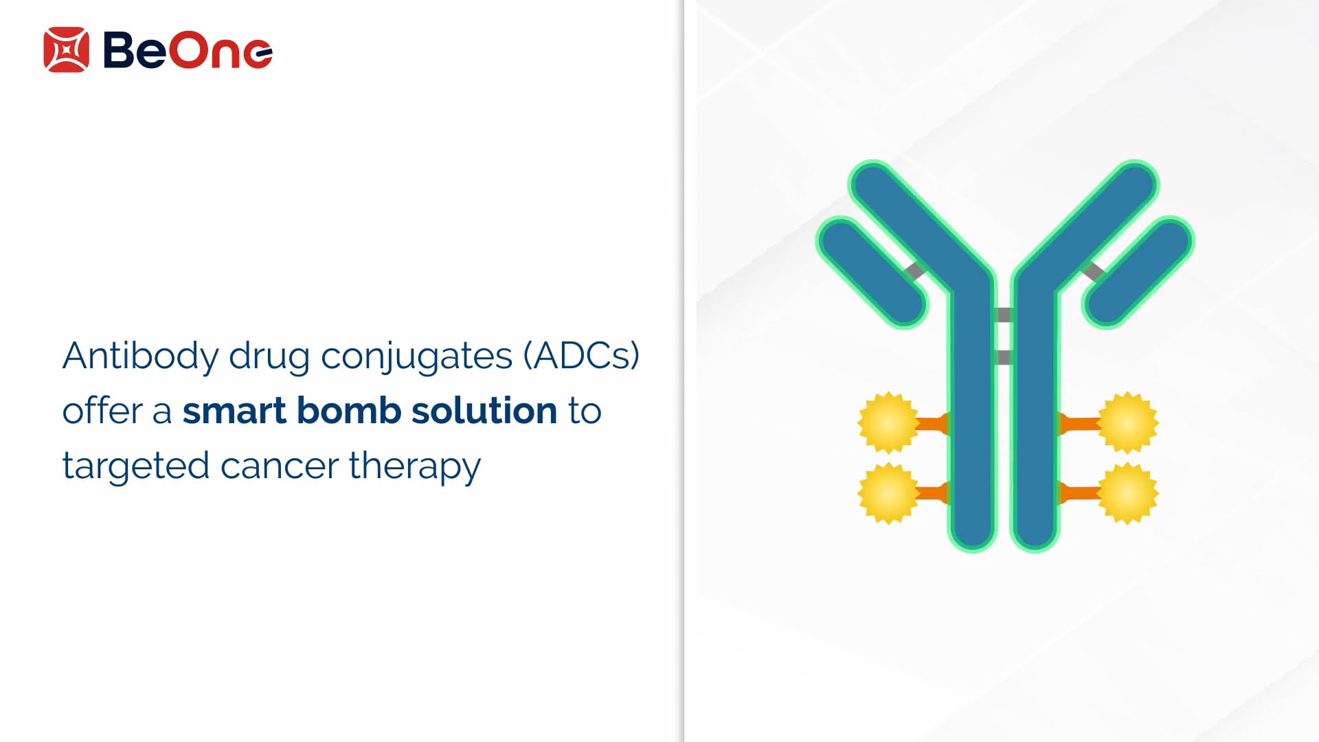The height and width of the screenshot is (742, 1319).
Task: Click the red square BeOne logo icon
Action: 66,49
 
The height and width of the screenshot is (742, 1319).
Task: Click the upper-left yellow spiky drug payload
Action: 888,423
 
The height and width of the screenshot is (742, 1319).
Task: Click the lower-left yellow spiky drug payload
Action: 888,493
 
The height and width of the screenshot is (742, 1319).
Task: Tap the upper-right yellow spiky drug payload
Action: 1128,423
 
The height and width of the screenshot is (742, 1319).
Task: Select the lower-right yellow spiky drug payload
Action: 1128,493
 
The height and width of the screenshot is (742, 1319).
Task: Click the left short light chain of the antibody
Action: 872,272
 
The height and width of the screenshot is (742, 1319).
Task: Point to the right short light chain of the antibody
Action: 1138,272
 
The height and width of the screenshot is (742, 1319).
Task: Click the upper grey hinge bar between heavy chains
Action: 1004,315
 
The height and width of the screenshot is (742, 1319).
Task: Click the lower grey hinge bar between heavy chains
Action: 1004,357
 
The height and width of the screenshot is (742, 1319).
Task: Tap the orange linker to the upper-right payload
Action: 1079,424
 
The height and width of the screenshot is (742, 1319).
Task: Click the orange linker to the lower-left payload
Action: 933,493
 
